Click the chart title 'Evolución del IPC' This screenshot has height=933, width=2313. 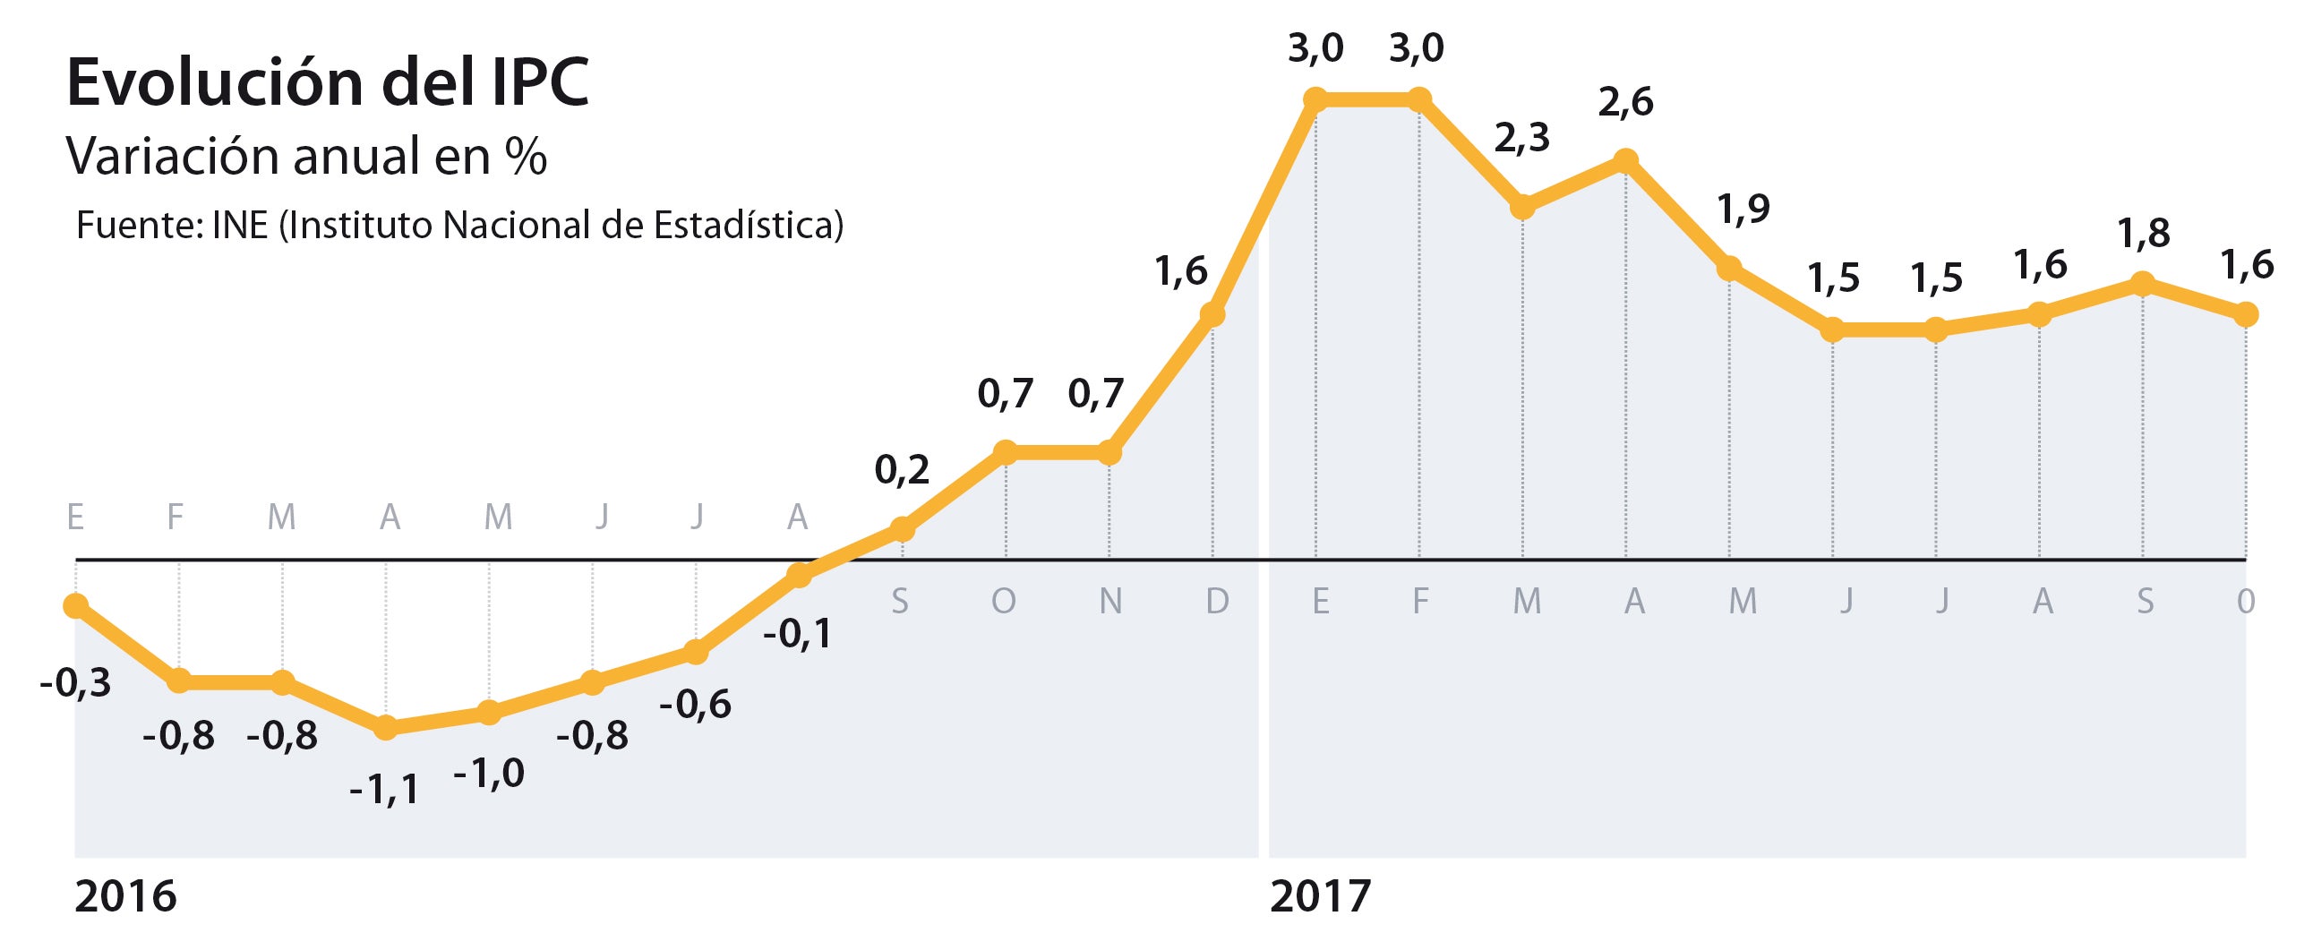328,82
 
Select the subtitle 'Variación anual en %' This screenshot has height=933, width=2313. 306,157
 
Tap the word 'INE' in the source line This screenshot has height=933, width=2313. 240,226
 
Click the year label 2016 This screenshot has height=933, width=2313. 124,896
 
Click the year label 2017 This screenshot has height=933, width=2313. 1320,896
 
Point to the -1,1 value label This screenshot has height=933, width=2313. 384,792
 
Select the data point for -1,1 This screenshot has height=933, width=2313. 386,727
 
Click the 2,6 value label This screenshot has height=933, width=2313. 1625,102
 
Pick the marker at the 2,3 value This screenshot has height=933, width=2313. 1522,208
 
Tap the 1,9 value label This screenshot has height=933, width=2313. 1743,210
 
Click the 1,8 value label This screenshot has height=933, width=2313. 2143,234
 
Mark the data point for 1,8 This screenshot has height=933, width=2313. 2142,284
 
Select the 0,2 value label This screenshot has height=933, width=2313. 902,471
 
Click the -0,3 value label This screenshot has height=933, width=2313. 75,684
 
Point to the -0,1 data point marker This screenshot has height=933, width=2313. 799,575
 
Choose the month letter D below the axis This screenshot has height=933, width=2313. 1217,601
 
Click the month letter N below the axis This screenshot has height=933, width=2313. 1110,601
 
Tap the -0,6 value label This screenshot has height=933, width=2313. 695,705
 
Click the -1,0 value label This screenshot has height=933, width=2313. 488,773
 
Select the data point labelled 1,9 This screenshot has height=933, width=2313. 1728,269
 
